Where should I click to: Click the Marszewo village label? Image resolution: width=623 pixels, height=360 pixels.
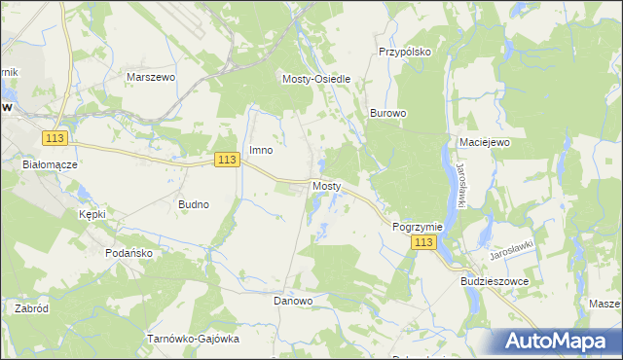tap(150, 75)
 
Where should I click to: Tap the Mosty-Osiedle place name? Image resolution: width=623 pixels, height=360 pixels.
tap(315, 80)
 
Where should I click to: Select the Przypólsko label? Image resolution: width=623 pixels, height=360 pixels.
tap(404, 53)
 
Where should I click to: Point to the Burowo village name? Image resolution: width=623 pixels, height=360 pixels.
tap(387, 113)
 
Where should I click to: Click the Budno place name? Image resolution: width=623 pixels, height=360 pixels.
tap(194, 205)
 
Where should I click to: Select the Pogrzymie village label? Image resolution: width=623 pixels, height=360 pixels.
tap(418, 226)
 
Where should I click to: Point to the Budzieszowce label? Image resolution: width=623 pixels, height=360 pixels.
tap(494, 280)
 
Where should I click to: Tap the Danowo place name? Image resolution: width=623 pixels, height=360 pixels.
tap(293, 301)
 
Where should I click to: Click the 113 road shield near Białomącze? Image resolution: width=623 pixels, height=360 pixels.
tap(54, 140)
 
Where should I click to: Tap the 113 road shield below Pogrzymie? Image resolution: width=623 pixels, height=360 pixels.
tap(422, 242)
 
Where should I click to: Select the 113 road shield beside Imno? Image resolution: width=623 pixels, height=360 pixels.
tap(227, 160)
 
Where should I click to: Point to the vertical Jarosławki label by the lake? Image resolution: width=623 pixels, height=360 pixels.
tap(458, 185)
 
